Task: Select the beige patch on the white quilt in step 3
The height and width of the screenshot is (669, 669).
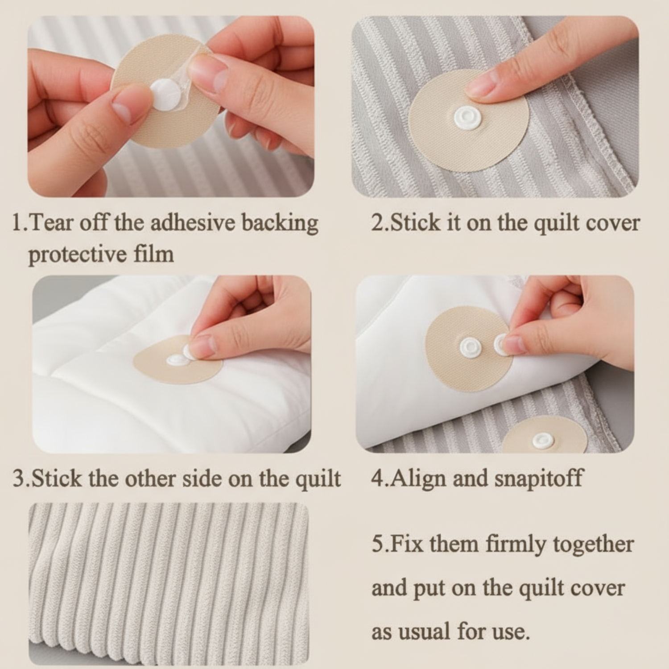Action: point(178,359)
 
